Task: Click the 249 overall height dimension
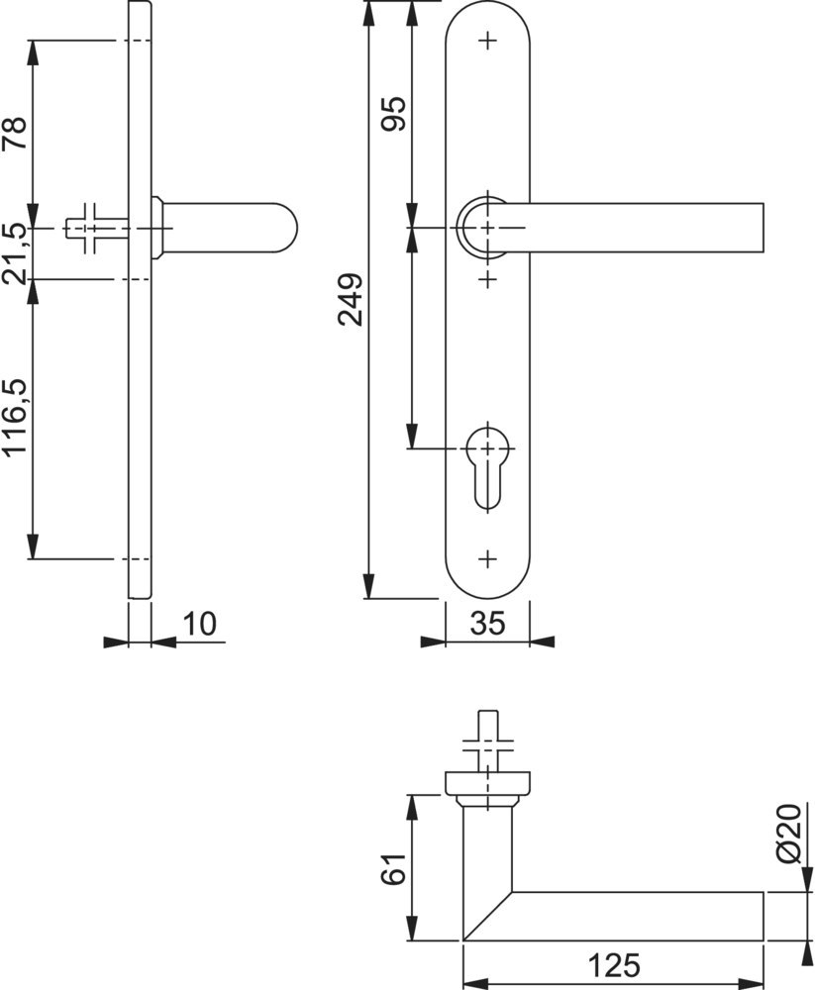350,299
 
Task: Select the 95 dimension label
392,114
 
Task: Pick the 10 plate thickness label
200,624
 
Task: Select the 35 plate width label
488,624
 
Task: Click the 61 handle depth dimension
393,869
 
